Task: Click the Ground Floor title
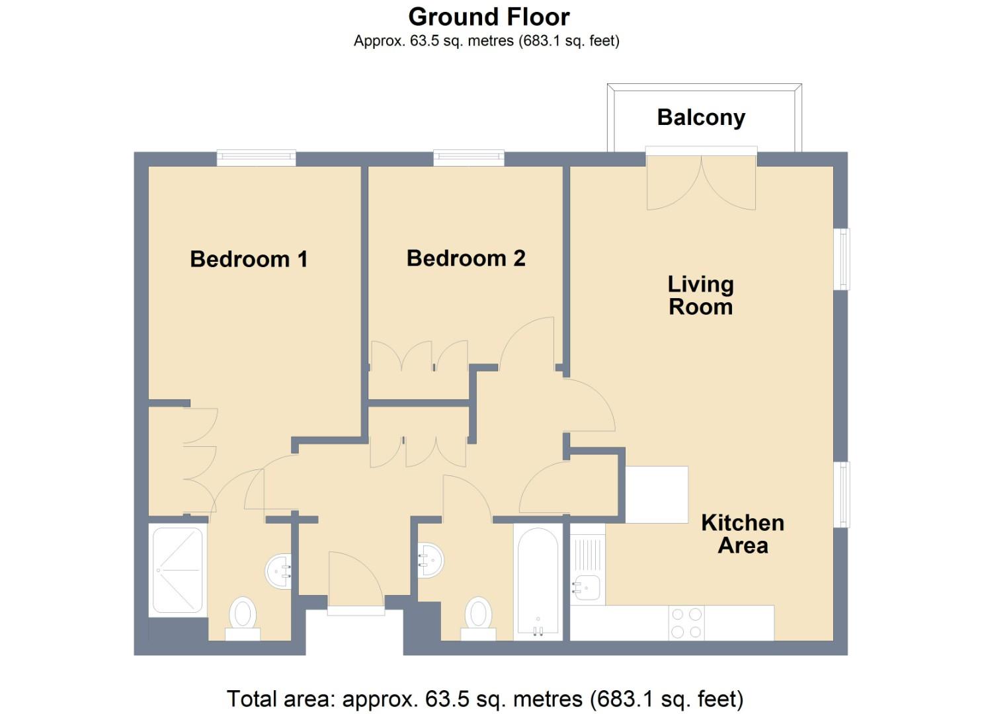pos(489,17)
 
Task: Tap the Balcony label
pos(701,118)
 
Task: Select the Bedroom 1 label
pos(249,258)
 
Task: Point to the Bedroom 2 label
pos(466,258)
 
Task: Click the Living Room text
pos(700,296)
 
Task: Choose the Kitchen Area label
pos(743,534)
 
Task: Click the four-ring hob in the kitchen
pos(686,623)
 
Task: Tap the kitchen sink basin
pos(587,587)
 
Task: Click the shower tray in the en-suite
pos(177,569)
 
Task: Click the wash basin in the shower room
pos(279,571)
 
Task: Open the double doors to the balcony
pos(701,182)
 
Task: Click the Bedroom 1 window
pos(256,157)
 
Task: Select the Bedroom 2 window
pos(468,157)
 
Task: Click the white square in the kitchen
pos(657,495)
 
